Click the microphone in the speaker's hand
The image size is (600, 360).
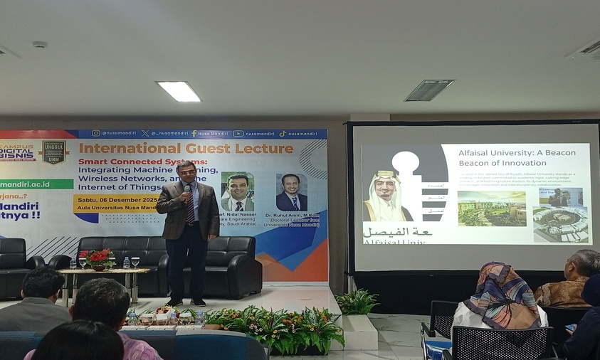(x=187, y=191)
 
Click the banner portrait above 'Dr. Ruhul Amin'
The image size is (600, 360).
(x=291, y=192)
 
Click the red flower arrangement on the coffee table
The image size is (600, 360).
(x=98, y=258)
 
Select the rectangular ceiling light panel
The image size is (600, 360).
(x=178, y=91)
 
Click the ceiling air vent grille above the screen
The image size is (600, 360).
(x=429, y=90)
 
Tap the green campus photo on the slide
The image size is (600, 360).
(x=482, y=208)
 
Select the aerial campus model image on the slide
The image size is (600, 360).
(x=560, y=223)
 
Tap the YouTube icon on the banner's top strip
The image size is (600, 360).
(x=238, y=133)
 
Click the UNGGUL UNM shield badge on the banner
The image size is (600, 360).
(x=53, y=152)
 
